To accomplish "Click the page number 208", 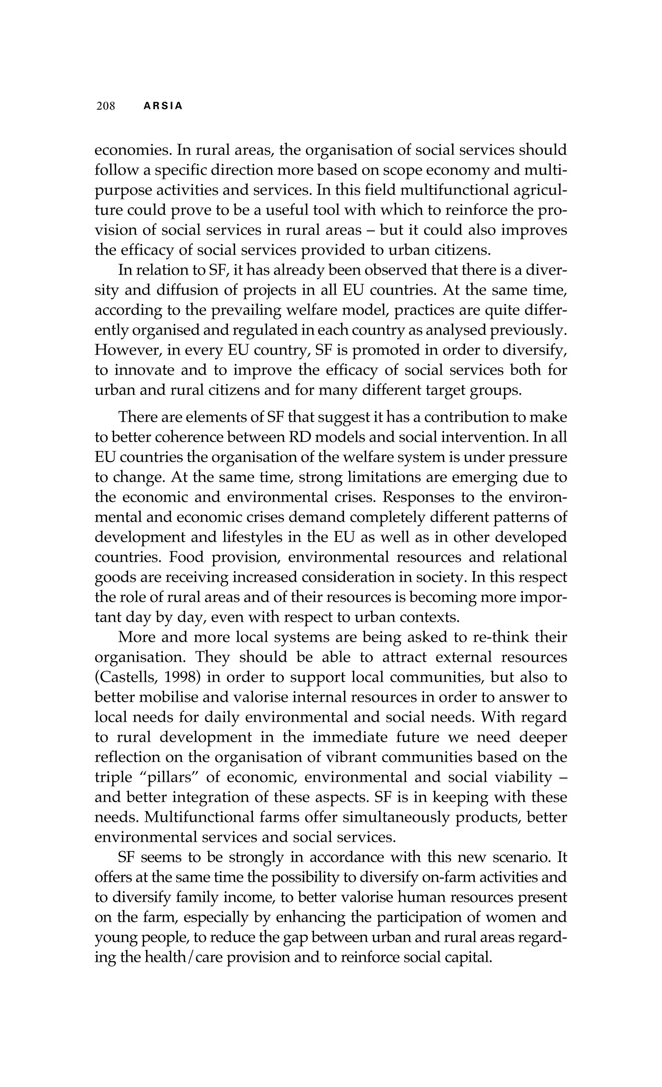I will coord(105,106).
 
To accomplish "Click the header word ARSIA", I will coord(163,106).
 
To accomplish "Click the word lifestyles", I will coord(250,537).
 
